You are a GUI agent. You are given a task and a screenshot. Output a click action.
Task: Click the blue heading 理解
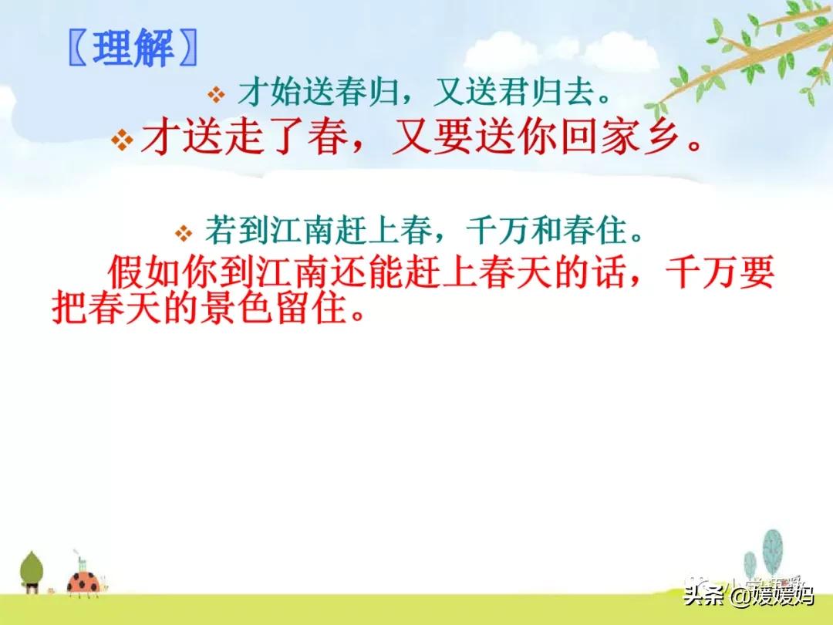point(133,49)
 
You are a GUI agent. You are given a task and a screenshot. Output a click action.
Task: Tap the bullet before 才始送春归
point(216,95)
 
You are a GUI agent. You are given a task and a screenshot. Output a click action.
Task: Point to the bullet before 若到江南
point(184,233)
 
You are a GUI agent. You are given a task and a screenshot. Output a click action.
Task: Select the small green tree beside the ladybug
point(32,572)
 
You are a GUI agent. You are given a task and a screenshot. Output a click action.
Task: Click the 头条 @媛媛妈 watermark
point(748,595)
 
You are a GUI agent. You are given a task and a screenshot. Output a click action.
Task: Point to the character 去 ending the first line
point(581,93)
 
